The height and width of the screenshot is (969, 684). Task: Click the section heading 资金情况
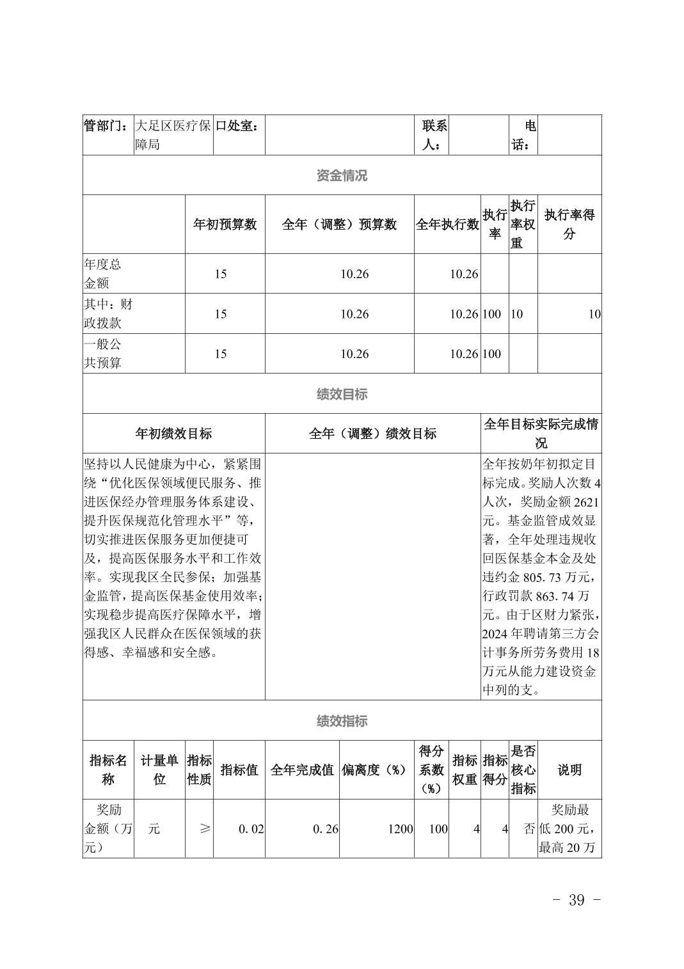(x=342, y=176)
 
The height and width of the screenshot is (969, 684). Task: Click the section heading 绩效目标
(x=342, y=394)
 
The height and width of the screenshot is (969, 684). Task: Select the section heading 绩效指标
(x=342, y=721)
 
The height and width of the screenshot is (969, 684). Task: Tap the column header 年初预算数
(x=225, y=225)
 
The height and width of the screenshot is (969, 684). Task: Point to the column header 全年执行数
(x=447, y=225)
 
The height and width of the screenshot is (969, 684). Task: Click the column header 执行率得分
(x=569, y=225)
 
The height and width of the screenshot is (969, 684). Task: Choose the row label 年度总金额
(x=102, y=274)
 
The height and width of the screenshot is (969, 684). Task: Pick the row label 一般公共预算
(x=102, y=354)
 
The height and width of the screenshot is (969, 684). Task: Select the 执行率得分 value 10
(x=594, y=314)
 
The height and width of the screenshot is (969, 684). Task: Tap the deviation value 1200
(x=400, y=829)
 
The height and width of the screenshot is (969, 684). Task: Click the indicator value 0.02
(x=251, y=829)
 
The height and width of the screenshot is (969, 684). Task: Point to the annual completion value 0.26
(x=325, y=829)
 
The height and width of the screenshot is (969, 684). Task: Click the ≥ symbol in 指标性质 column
(x=205, y=829)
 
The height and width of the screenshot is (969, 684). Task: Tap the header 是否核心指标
(x=523, y=770)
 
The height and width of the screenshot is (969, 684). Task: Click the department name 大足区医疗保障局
(x=173, y=135)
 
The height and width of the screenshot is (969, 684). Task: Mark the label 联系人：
(x=434, y=135)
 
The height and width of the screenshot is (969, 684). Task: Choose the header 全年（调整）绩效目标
(x=372, y=434)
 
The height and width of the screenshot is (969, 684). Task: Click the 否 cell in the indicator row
(x=529, y=829)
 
